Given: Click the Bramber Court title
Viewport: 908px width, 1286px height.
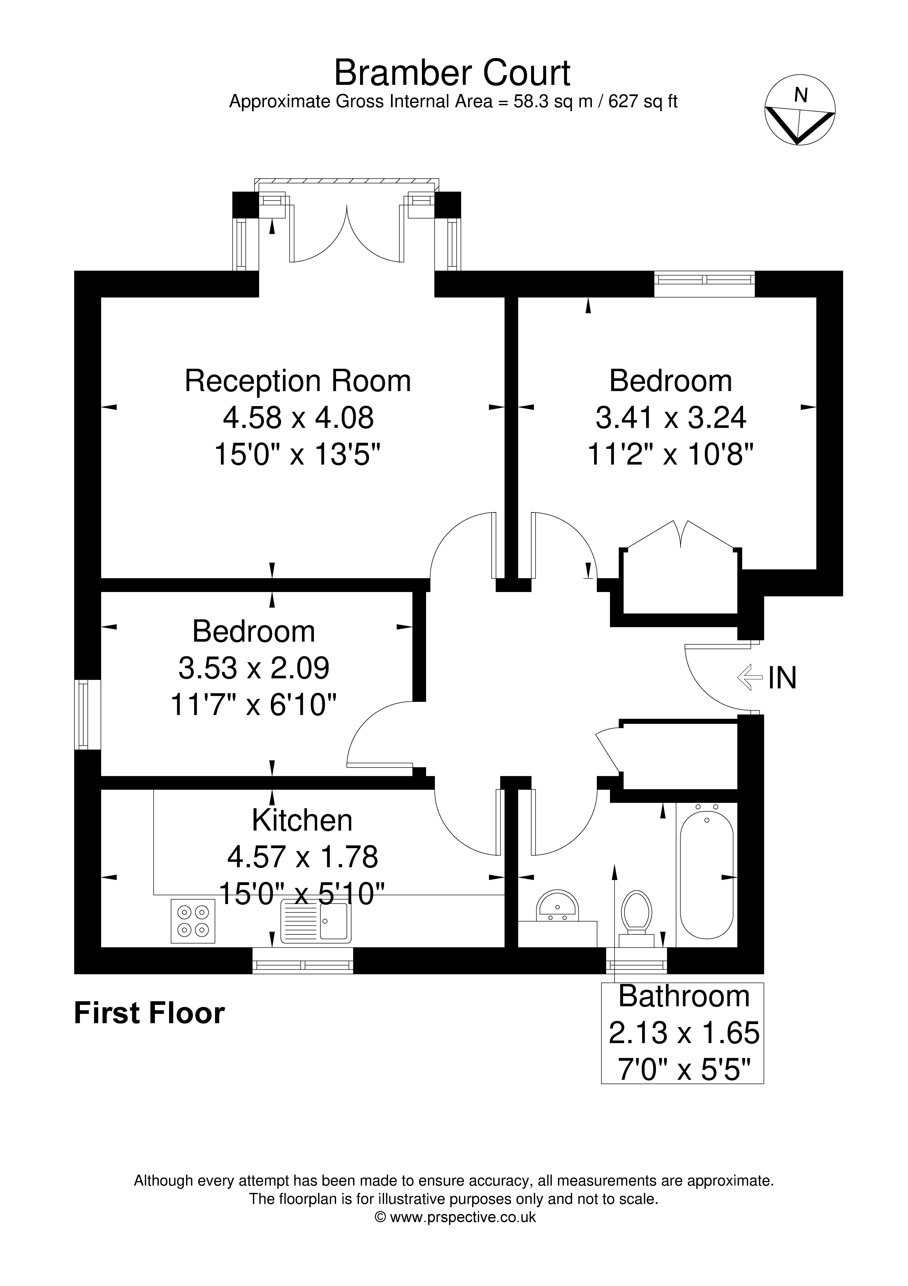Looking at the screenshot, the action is [452, 73].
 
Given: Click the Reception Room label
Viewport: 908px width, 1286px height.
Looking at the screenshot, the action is [298, 381].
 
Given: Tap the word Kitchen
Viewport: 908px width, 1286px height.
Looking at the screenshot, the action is [302, 820].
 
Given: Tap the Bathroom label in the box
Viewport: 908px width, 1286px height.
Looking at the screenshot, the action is [683, 996].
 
